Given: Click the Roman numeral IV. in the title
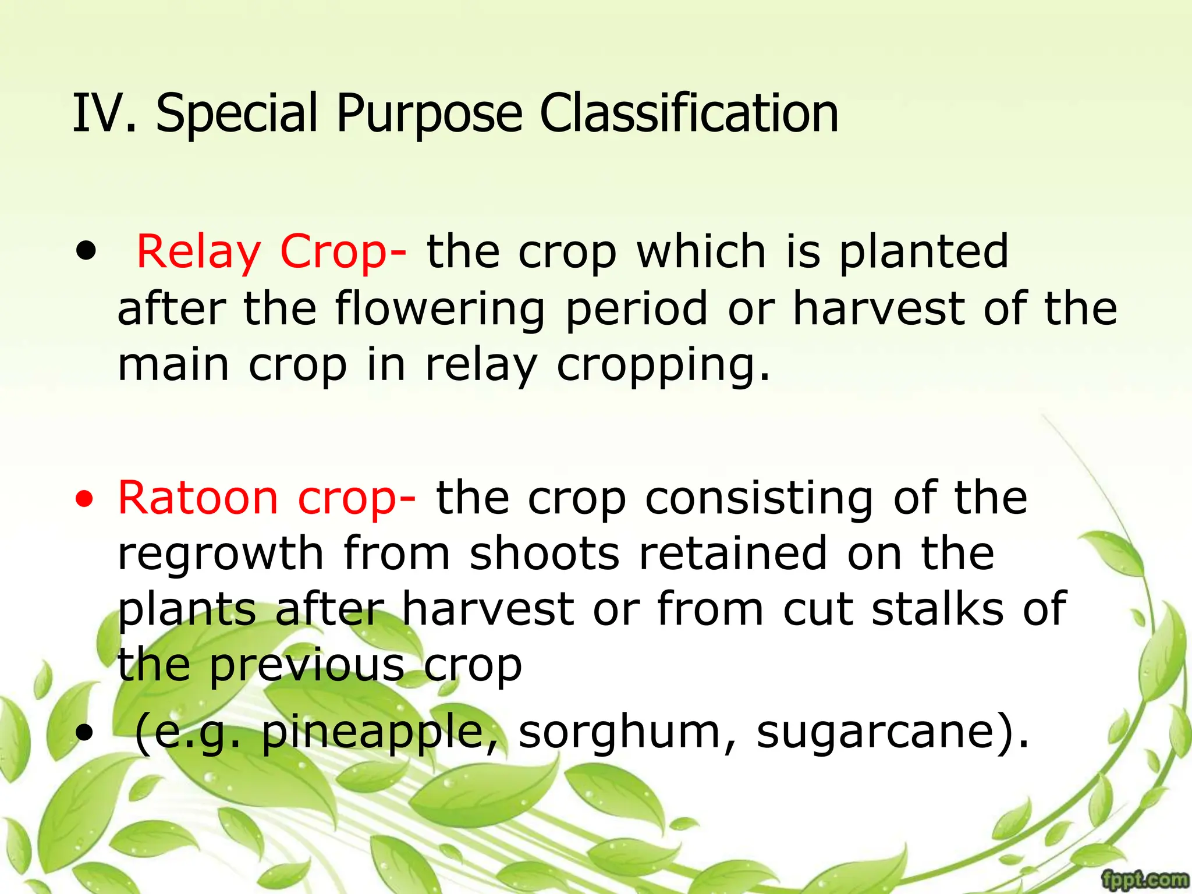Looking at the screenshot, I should [x=104, y=113].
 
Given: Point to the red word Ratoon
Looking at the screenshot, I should [x=198, y=498].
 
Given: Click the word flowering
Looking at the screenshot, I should [x=440, y=309].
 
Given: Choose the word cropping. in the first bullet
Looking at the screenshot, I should [x=664, y=366].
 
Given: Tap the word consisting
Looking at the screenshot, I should [x=759, y=498].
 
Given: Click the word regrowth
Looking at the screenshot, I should [x=221, y=555].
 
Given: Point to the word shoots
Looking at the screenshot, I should [x=544, y=554].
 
